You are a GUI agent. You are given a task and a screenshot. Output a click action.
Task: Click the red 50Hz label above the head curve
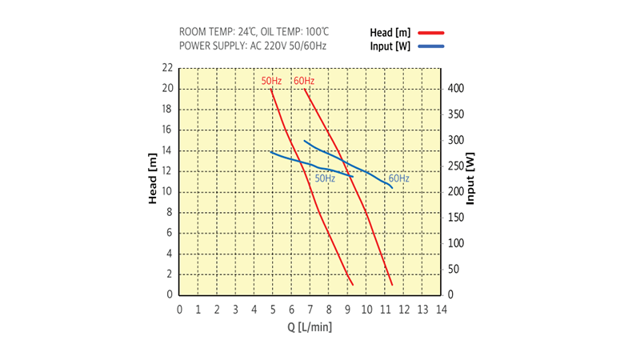[x=271, y=81]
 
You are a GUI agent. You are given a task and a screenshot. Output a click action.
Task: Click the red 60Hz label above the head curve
[x=303, y=81]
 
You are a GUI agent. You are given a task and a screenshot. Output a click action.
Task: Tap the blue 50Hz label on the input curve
[x=325, y=178]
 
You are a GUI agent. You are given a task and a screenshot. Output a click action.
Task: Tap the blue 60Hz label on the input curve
[x=398, y=178]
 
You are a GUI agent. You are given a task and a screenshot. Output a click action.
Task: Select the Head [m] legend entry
[x=390, y=33]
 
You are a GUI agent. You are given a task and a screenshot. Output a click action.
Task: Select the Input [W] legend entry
[x=390, y=46]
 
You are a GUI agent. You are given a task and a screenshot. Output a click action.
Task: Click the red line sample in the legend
[x=430, y=33]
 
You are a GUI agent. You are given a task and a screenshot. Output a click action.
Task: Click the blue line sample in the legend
[x=430, y=46]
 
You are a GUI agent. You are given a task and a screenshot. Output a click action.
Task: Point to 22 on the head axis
[x=167, y=68]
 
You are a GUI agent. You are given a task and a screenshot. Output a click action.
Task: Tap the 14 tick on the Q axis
[x=440, y=310]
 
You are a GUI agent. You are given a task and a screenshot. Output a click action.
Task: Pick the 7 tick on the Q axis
[x=310, y=310]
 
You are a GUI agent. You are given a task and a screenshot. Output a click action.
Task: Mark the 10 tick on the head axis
[x=167, y=192]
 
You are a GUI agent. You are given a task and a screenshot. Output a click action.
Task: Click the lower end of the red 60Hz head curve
[x=392, y=284]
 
